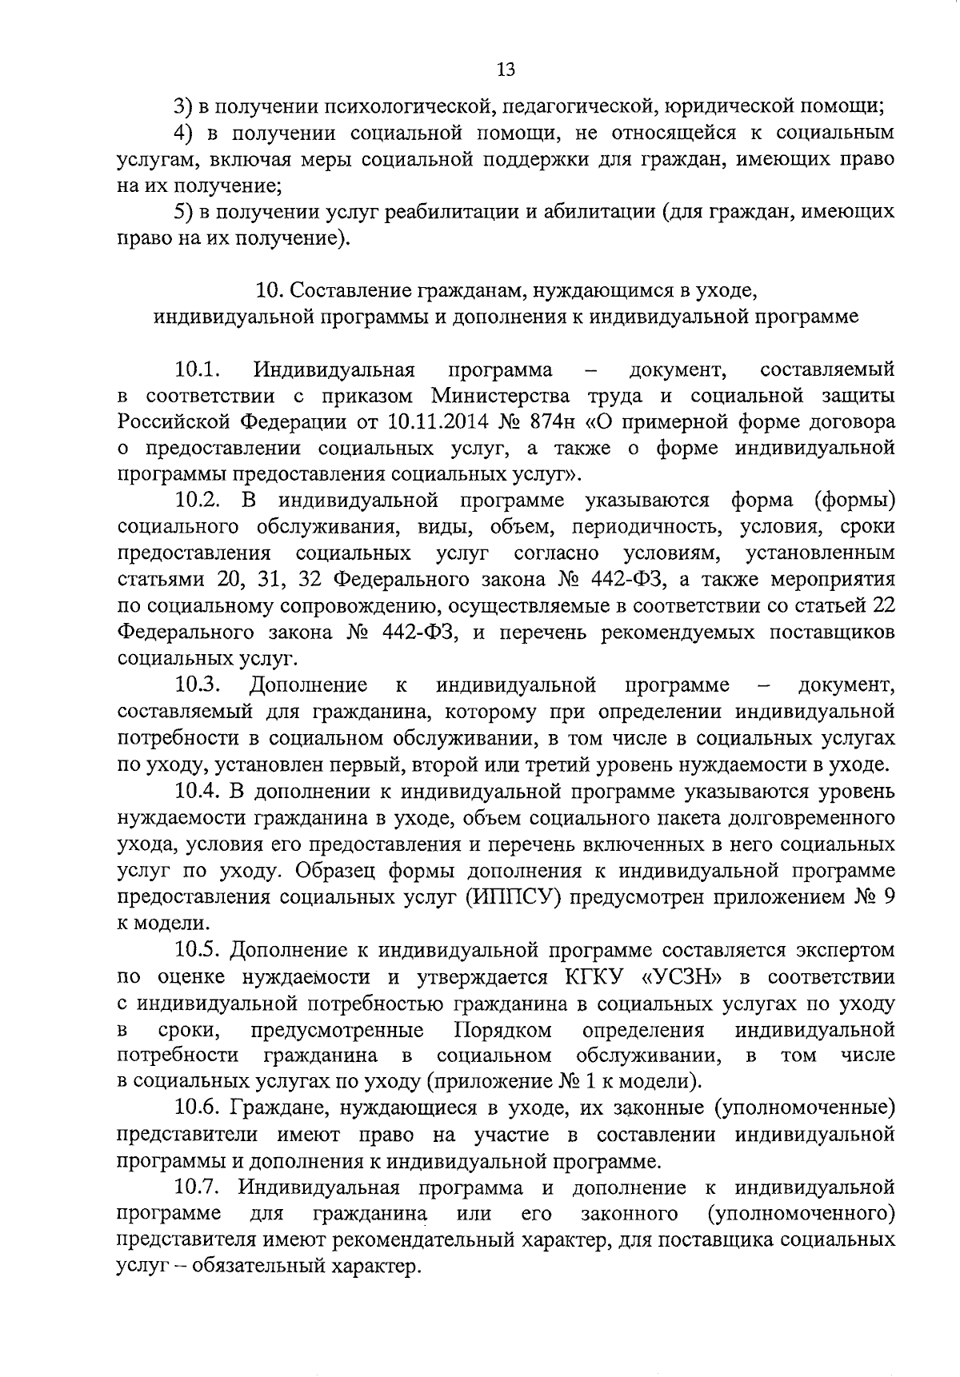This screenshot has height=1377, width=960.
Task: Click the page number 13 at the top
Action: coord(506,70)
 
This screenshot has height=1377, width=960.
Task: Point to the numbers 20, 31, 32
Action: coord(269,580)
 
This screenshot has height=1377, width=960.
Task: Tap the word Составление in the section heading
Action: coord(339,290)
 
